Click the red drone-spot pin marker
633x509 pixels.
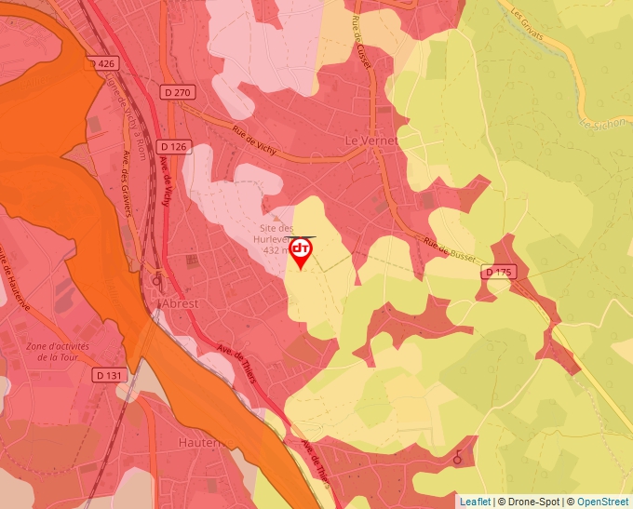pyautogui.click(x=301, y=252)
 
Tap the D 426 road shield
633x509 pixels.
pyautogui.click(x=104, y=63)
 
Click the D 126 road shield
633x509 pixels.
pyautogui.click(x=173, y=146)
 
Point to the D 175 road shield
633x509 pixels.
pyautogui.click(x=499, y=273)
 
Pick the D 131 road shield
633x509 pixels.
pyautogui.click(x=110, y=374)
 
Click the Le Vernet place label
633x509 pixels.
pyautogui.click(x=370, y=140)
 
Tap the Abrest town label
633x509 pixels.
pyautogui.click(x=180, y=304)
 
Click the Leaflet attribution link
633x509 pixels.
pyautogui.click(x=475, y=502)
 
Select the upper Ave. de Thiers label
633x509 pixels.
pyautogui.click(x=238, y=358)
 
